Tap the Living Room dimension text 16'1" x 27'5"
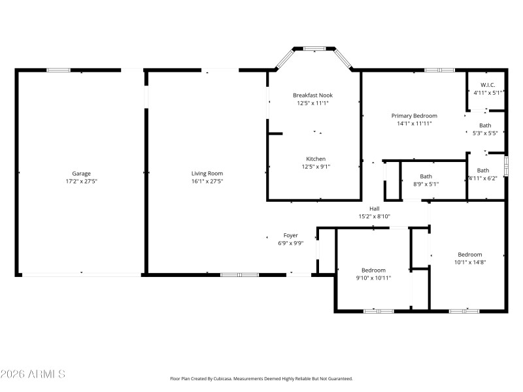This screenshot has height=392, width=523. click(x=207, y=181)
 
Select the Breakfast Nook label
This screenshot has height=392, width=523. click(x=312, y=95)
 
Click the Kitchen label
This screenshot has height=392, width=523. click(x=316, y=159)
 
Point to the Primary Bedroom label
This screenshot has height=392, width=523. click(x=414, y=116)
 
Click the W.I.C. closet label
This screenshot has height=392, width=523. click(x=488, y=85)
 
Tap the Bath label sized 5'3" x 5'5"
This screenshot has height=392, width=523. click(x=485, y=125)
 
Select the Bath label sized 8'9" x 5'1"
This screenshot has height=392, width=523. click(x=426, y=176)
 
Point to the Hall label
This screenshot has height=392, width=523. click(x=374, y=208)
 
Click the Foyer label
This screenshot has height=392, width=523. click(x=290, y=235)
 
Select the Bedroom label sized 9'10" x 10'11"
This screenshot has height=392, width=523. click(x=373, y=270)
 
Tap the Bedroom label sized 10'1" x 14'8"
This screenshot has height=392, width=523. click(x=469, y=255)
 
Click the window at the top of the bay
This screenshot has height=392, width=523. click(x=314, y=48)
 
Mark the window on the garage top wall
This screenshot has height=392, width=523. click(x=58, y=70)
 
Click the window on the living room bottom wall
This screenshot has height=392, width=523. click(x=239, y=275)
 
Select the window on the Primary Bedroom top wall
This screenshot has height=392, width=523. click(x=439, y=70)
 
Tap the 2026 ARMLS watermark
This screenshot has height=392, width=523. click(x=33, y=374)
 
